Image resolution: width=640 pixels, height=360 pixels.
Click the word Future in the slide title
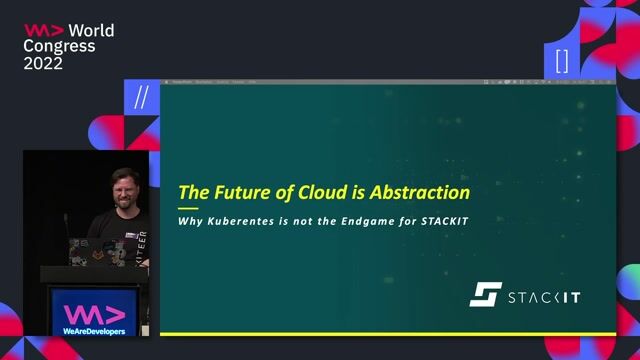point(238,192)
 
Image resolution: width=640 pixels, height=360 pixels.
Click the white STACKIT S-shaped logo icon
point(485,295)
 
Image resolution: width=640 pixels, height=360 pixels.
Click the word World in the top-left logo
point(92,31)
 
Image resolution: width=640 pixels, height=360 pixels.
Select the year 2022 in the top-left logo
point(43,63)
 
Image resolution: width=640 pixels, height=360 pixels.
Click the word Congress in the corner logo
point(60,47)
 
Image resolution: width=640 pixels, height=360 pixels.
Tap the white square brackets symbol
point(561,60)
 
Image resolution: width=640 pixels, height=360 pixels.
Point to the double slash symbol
point(141,97)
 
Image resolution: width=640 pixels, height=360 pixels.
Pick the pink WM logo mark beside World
point(44,31)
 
